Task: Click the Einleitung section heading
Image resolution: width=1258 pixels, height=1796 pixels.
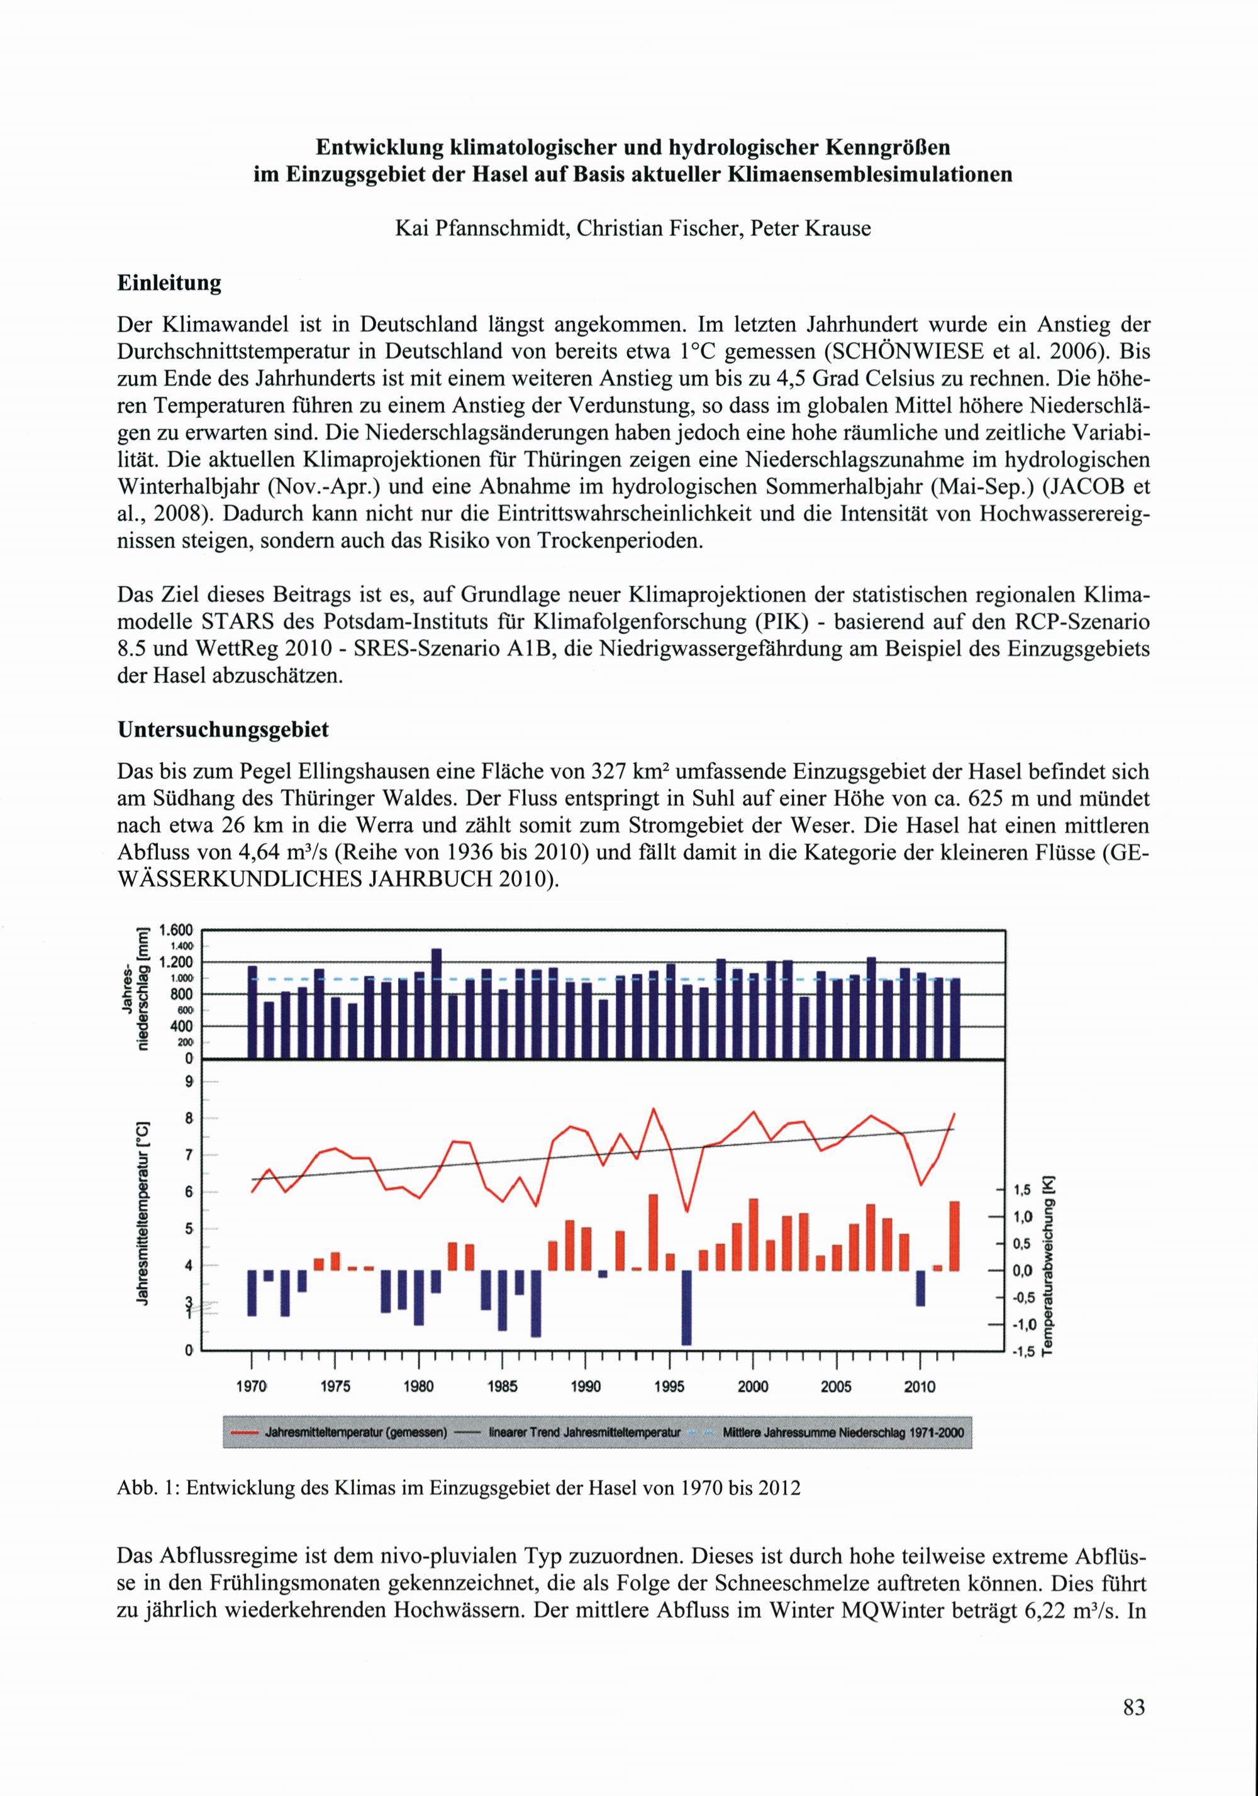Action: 169,283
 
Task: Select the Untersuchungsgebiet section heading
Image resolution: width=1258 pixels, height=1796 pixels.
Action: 223,730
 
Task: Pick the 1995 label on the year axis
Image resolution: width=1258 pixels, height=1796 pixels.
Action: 669,1387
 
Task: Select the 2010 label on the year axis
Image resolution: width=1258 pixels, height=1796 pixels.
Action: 919,1387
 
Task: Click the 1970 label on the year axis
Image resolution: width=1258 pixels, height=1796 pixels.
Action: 251,1387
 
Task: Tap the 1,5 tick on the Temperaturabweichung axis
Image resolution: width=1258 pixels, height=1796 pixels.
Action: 1021,1190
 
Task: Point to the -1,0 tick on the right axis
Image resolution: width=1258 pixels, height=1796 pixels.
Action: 1021,1325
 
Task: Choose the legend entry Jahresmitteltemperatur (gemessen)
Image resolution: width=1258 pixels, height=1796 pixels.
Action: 355,1433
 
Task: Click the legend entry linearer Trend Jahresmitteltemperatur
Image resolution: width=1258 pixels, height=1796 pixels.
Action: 584,1433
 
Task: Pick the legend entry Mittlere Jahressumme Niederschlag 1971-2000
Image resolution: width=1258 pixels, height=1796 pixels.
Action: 843,1433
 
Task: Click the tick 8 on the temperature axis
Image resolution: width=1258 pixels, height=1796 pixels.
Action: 189,1119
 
